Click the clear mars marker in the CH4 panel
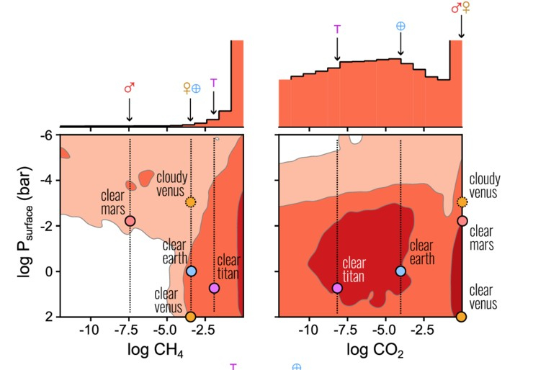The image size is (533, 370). (130, 220)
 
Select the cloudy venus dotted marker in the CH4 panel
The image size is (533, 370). (191, 202)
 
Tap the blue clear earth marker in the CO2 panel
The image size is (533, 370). (400, 271)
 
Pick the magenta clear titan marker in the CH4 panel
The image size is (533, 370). (214, 288)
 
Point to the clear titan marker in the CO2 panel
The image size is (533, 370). (337, 288)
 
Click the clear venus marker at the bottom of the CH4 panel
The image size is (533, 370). (191, 316)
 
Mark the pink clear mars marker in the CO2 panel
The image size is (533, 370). (462, 220)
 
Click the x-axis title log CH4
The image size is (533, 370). (152, 352)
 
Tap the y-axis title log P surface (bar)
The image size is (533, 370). (22, 225)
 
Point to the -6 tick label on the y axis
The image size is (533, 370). (46, 135)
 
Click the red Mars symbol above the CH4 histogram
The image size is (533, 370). (130, 89)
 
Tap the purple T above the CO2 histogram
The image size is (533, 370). (336, 30)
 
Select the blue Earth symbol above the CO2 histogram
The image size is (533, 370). (400, 26)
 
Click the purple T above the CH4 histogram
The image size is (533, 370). (214, 83)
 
